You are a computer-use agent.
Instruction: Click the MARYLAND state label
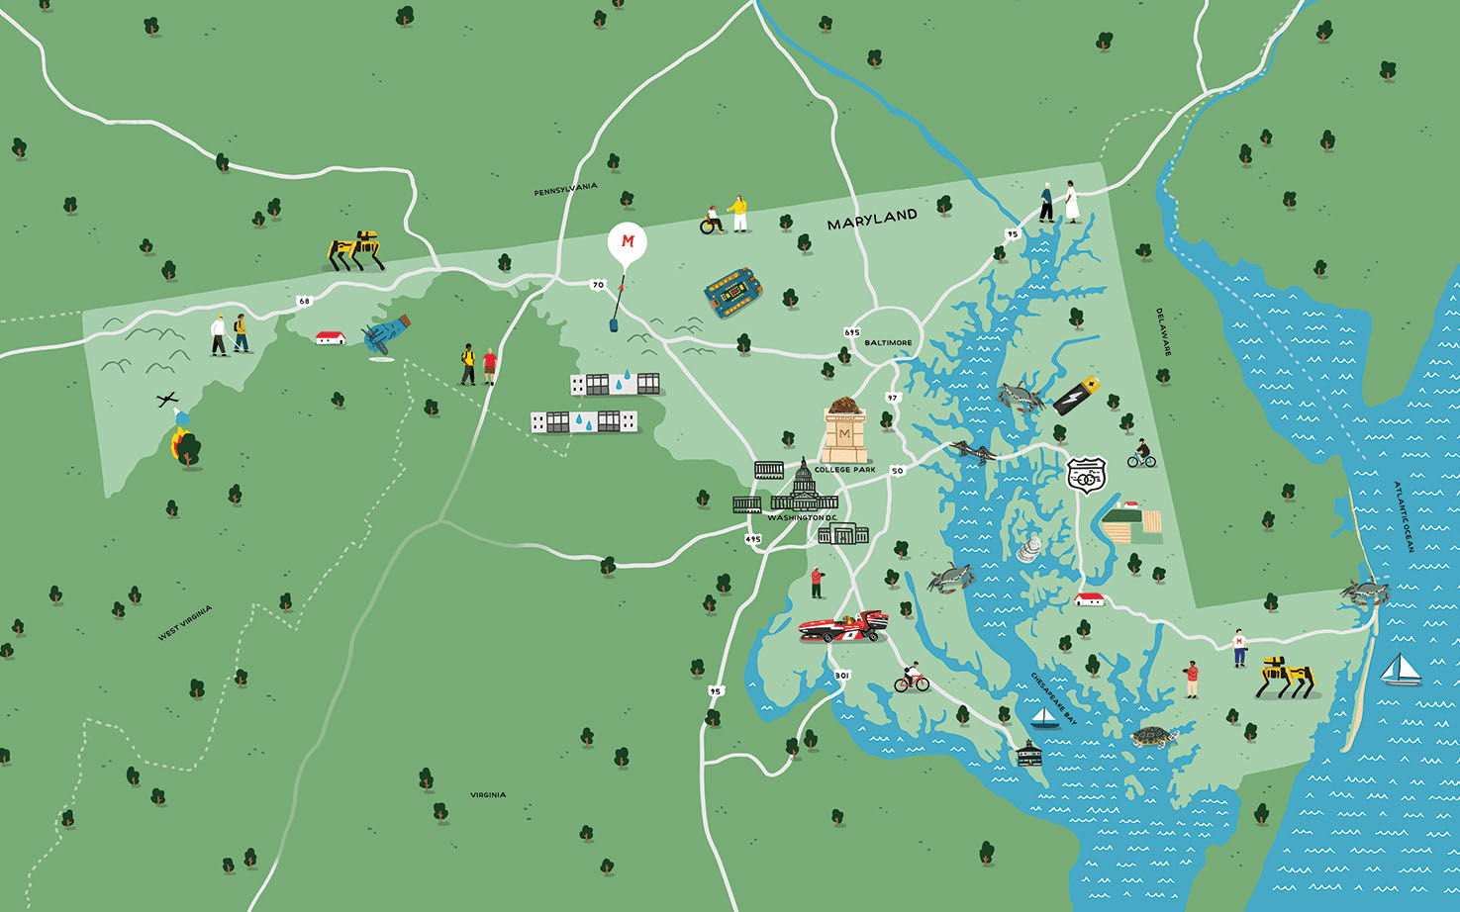pyautogui.click(x=872, y=219)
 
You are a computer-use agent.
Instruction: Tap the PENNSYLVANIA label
pyautogui.click(x=565, y=189)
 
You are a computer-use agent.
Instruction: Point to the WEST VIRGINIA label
pyautogui.click(x=185, y=623)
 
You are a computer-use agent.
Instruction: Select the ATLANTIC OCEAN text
pyautogui.click(x=1404, y=516)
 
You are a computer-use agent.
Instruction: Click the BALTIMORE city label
pyautogui.click(x=888, y=342)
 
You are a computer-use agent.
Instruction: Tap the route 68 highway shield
pyautogui.click(x=304, y=301)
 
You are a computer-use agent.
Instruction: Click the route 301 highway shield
pyautogui.click(x=841, y=676)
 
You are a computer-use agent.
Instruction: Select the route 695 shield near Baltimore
pyautogui.click(x=851, y=332)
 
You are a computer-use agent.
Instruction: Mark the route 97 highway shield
pyautogui.click(x=893, y=398)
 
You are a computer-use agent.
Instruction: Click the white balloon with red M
pyautogui.click(x=627, y=243)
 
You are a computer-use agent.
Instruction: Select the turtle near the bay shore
pyautogui.click(x=1151, y=737)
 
